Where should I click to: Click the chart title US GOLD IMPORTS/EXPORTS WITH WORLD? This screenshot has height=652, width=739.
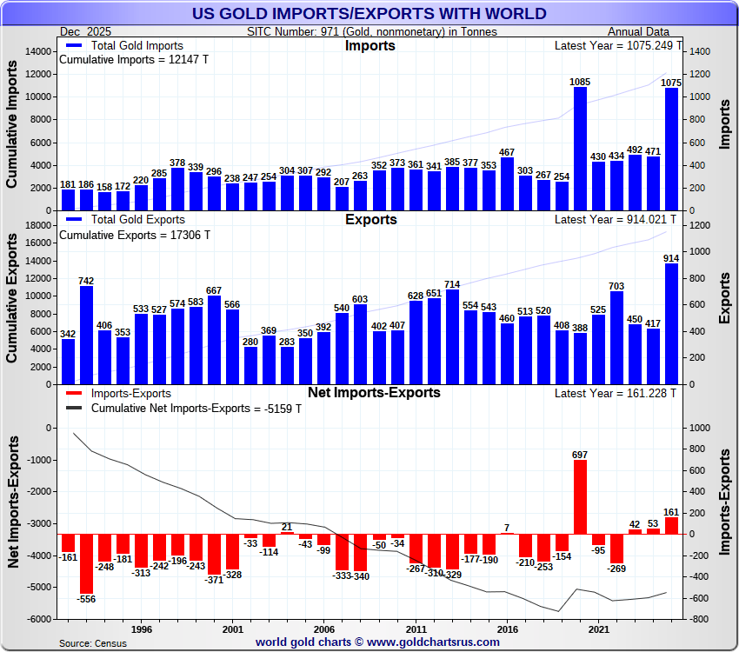(369, 14)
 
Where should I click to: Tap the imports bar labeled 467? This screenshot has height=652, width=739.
(507, 183)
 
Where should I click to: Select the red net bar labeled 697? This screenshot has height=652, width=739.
(580, 496)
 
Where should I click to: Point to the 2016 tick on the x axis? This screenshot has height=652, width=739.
(507, 628)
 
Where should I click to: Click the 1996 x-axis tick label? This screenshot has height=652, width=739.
(142, 628)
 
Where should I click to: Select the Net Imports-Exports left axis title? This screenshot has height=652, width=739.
(13, 504)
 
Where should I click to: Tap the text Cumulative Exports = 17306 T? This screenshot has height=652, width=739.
(134, 235)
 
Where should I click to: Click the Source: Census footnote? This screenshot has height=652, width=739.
(92, 642)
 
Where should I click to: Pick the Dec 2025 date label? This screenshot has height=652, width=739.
(85, 31)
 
